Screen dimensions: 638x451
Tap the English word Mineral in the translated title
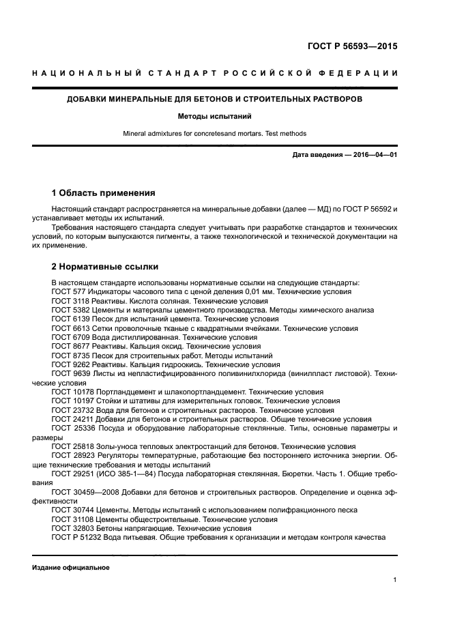pos(136,134)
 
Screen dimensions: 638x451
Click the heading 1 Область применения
pos(103,192)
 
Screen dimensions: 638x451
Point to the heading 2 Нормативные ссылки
pos(104,267)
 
